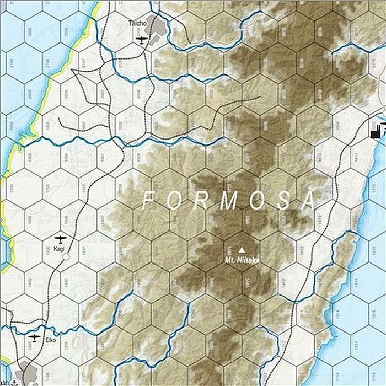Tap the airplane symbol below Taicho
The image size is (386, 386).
tap(142, 39)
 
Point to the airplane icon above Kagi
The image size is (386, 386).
tap(60, 240)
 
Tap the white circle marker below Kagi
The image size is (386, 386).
tap(66, 257)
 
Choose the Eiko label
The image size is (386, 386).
tap(51, 341)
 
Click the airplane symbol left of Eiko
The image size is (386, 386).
tap(34, 337)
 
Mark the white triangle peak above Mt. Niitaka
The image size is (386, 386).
tap(240, 249)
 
